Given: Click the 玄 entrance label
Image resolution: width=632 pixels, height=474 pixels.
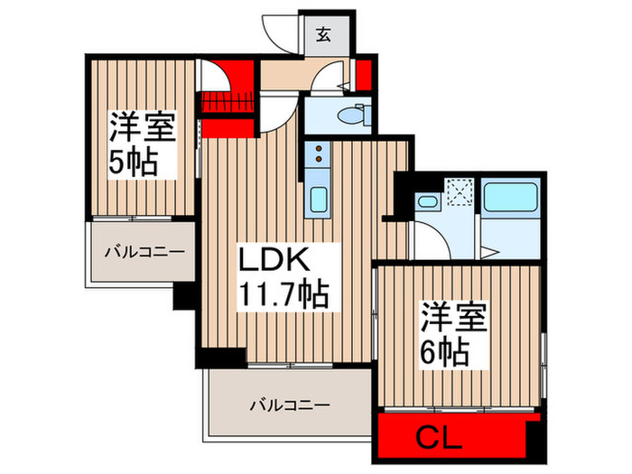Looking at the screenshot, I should tap(322, 36).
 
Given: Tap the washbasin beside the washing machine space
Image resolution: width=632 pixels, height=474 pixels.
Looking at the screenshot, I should tap(426, 204).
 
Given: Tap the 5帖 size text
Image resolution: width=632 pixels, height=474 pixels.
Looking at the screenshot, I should tap(135, 163).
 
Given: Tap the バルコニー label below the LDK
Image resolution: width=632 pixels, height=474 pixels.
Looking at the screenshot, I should tap(290, 405).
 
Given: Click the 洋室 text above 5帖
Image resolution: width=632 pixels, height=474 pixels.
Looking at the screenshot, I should tap(143, 127).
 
